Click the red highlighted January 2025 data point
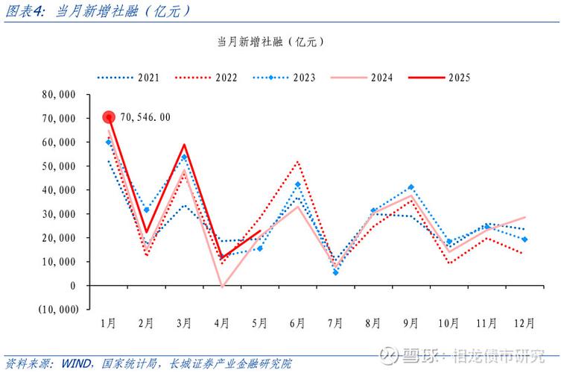pyautogui.click(x=109, y=117)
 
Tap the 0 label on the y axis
pyautogui.click(x=73, y=286)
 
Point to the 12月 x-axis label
pyautogui.click(x=524, y=323)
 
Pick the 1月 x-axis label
pyautogui.click(x=108, y=323)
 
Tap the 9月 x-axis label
pyautogui.click(x=411, y=323)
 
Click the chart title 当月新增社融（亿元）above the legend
pyautogui.click(x=270, y=42)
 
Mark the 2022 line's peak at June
pyautogui.click(x=297, y=161)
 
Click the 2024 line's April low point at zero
pyautogui.click(x=222, y=286)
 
